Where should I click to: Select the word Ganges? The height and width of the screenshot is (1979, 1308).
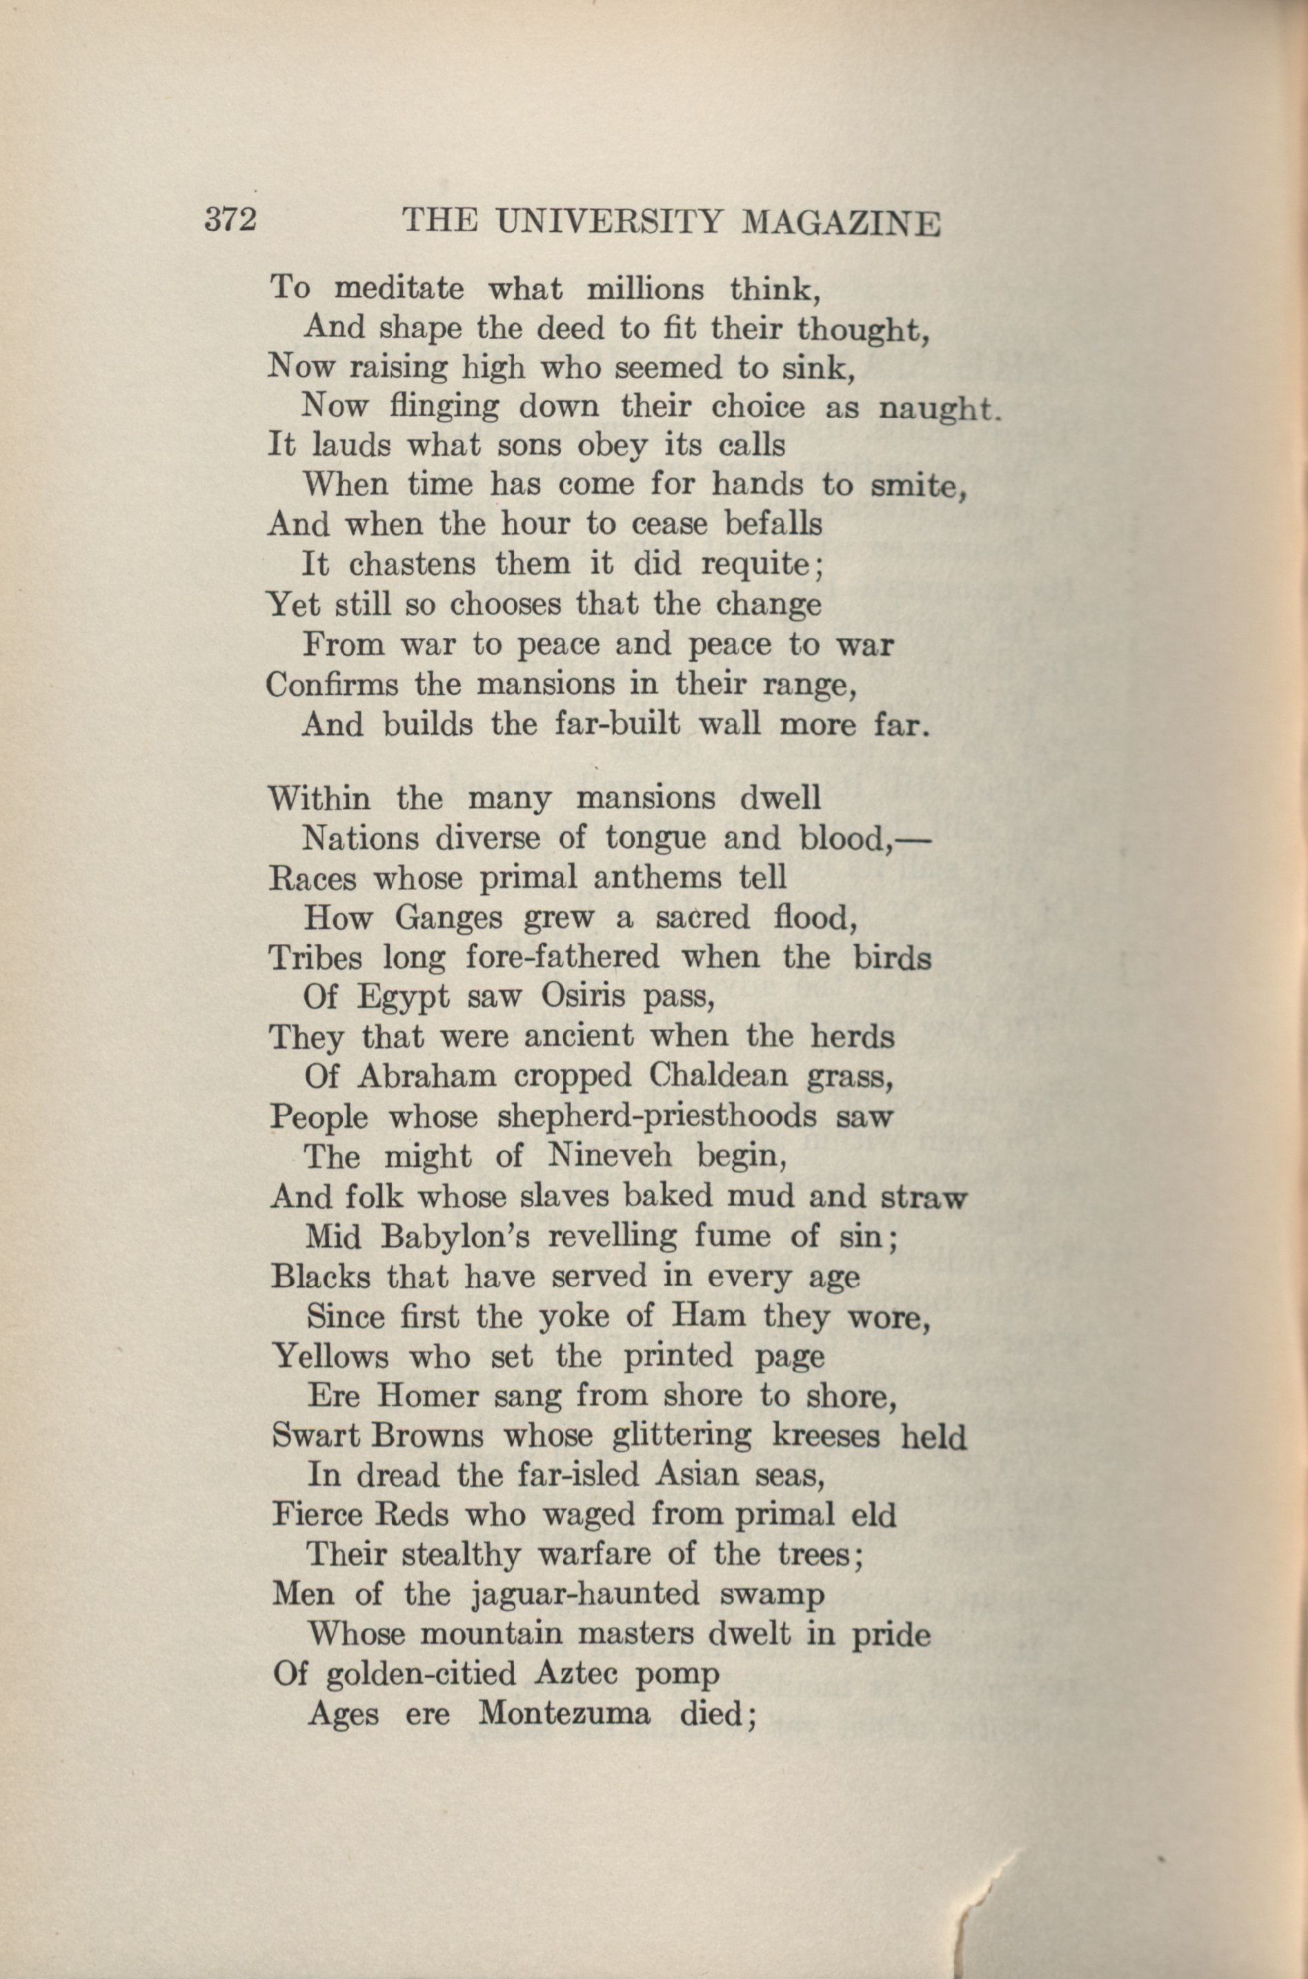tap(449, 918)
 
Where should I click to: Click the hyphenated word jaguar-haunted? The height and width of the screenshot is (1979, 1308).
tap(586, 1595)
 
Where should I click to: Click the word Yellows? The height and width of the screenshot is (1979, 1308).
tap(331, 1356)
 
